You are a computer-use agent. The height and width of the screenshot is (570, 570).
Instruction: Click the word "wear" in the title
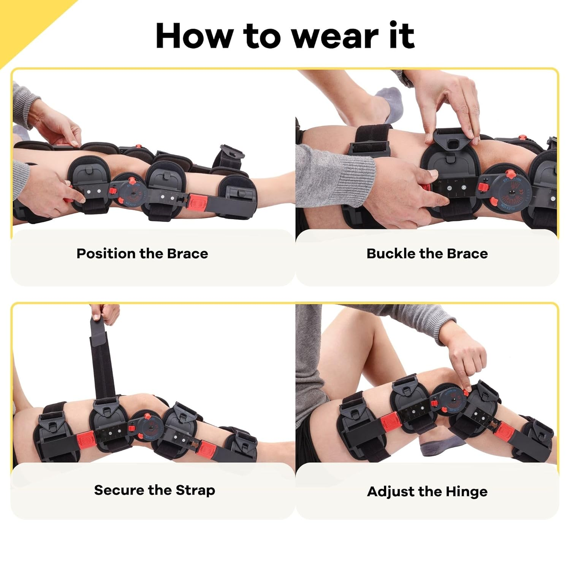click(334, 36)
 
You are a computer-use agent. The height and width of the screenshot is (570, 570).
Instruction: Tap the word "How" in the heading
click(194, 36)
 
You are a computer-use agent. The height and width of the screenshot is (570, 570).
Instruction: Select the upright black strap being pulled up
click(103, 361)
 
